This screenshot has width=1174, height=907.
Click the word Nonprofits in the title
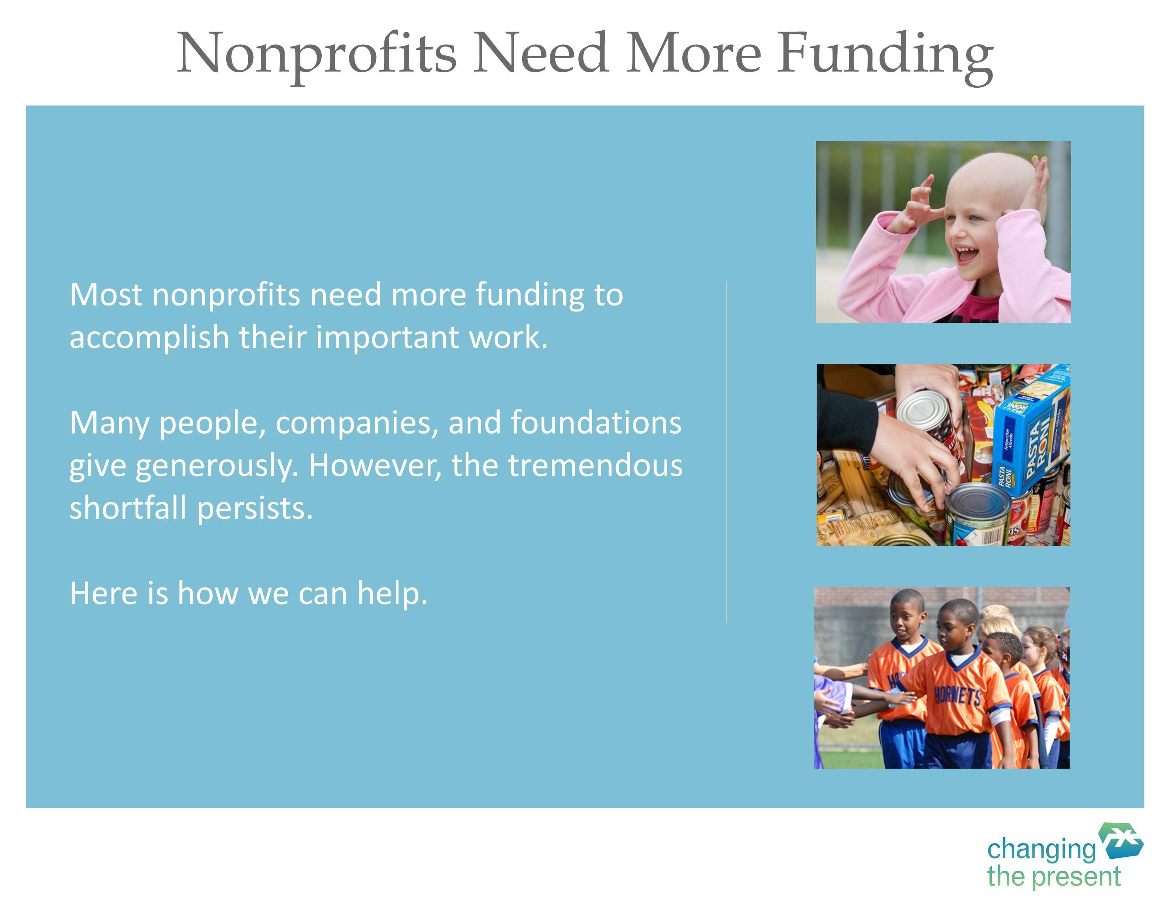[x=317, y=54]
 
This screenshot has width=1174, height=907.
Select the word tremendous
[x=596, y=465]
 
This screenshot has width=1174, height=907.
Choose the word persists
[x=255, y=508]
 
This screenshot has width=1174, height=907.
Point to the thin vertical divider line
[x=727, y=451]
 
